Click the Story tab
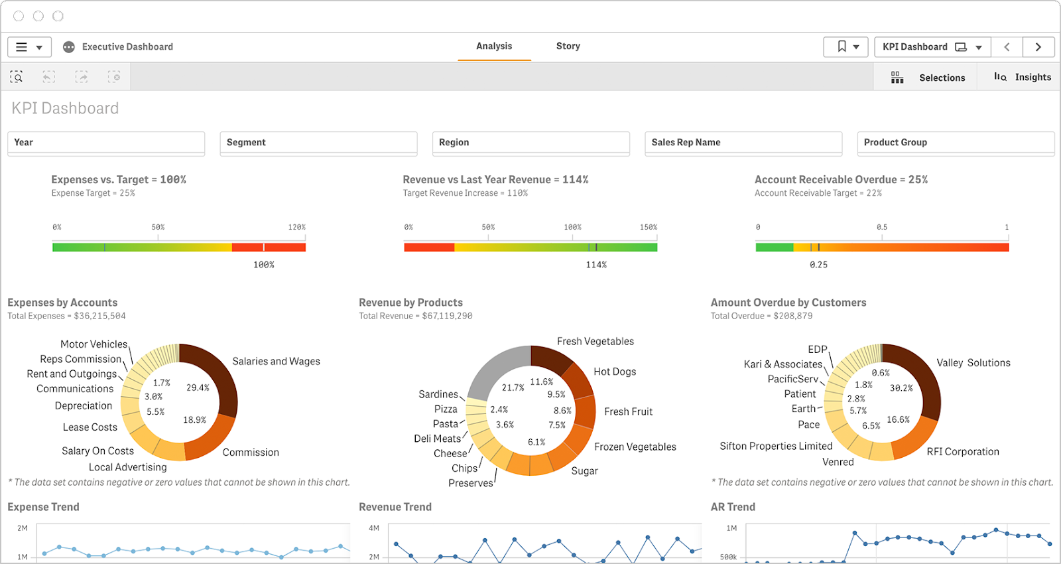click(x=568, y=46)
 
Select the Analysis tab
click(x=494, y=46)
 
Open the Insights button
click(x=1023, y=77)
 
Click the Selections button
click(x=928, y=78)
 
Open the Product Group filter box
click(x=955, y=143)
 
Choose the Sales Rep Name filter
click(x=743, y=143)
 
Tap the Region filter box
click(x=530, y=143)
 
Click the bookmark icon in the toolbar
click(x=842, y=46)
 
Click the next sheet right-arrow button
click(x=1038, y=46)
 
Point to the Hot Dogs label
click(x=615, y=372)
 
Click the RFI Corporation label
click(x=962, y=452)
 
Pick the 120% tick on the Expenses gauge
click(x=296, y=228)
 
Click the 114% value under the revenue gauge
click(x=596, y=265)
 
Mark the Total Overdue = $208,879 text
click(x=761, y=316)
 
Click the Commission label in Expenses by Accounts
click(x=251, y=453)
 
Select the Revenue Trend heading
click(x=395, y=507)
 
